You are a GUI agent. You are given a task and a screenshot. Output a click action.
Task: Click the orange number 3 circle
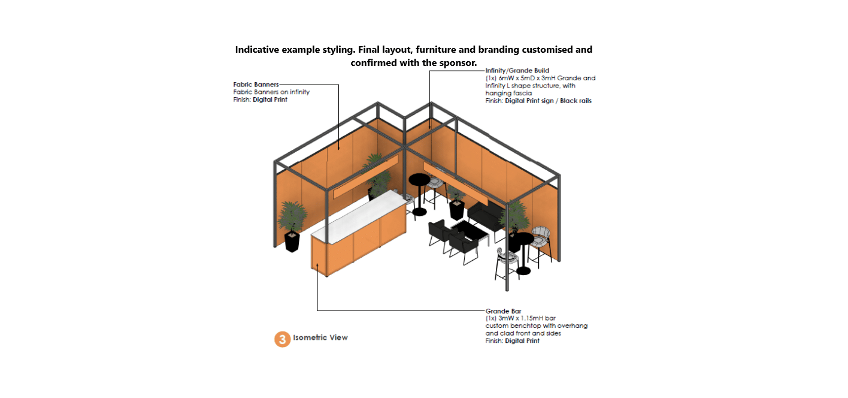[x=283, y=339]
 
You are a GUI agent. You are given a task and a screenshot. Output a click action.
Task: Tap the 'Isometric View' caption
[x=320, y=337]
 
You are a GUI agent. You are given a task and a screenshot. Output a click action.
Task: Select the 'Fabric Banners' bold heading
[x=256, y=85]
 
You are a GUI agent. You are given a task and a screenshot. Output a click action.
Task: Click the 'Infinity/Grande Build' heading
[x=517, y=71]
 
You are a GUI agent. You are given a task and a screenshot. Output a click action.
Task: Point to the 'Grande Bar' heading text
[x=503, y=311]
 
